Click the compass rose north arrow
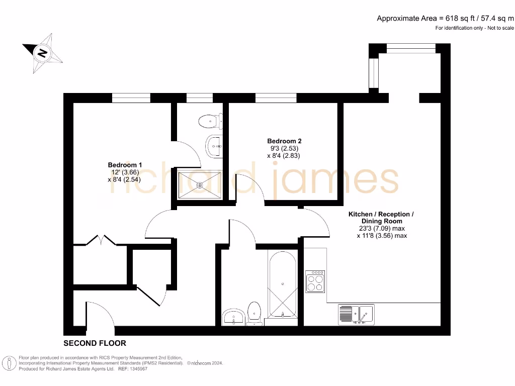[43, 52]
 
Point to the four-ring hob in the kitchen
[316, 282]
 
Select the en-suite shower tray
[200, 184]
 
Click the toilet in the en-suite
[209, 121]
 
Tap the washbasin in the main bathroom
[233, 317]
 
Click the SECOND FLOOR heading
[95, 343]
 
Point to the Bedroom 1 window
[131, 98]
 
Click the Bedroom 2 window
[276, 98]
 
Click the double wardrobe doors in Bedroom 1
[101, 240]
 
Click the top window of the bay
[410, 48]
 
